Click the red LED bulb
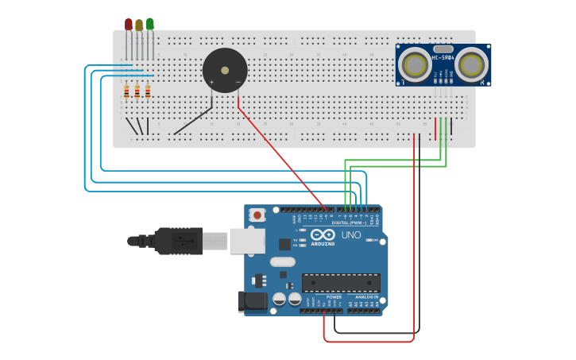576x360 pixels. [129, 24]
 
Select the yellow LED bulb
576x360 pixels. [139, 25]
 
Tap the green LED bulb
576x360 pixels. [150, 24]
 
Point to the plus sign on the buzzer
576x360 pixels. [211, 82]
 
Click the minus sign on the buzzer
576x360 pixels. [238, 82]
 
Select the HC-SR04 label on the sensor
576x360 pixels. [443, 57]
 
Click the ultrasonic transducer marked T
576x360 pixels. [414, 64]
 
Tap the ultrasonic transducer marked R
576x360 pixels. [471, 64]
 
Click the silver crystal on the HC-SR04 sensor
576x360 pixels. [443, 49]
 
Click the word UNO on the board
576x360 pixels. [351, 235]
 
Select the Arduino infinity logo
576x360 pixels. [323, 234]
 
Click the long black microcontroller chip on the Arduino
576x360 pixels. [341, 282]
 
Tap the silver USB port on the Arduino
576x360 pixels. [247, 241]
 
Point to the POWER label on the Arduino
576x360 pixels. [334, 296]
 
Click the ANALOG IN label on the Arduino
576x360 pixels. [365, 296]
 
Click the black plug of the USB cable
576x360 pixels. [178, 241]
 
